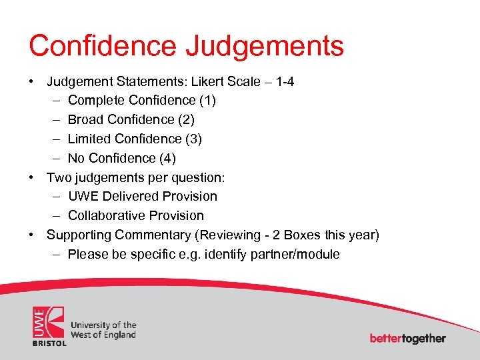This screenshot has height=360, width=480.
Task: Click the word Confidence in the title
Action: (x=101, y=45)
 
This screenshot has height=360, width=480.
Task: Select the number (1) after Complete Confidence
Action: (x=207, y=101)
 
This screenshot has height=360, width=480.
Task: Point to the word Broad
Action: (x=85, y=120)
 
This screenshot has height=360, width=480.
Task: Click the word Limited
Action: (x=89, y=139)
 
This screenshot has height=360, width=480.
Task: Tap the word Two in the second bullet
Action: (x=58, y=177)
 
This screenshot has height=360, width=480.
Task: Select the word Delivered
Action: (x=132, y=197)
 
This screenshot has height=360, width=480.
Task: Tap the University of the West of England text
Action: (x=103, y=329)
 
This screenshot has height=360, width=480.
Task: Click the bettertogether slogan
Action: (x=408, y=338)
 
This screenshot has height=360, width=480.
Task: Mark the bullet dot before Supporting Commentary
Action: (x=31, y=235)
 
